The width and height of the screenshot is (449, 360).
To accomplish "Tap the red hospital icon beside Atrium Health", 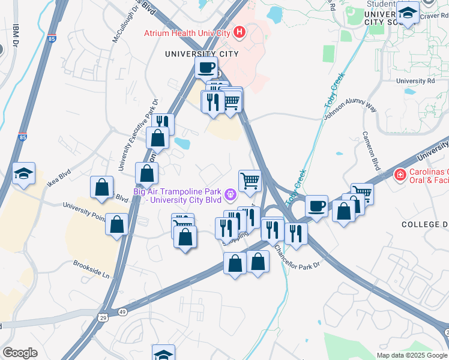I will click(x=240, y=31).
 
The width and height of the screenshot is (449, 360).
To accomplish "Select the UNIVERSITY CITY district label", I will click(x=202, y=54).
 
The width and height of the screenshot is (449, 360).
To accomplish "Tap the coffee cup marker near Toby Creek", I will click(x=316, y=206).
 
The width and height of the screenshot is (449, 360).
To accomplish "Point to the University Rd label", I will click(x=415, y=81).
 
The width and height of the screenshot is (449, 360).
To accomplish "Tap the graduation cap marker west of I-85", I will click(x=23, y=175).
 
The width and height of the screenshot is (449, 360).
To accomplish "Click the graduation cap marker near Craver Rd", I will click(x=408, y=13).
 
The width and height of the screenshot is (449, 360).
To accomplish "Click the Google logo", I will click(x=20, y=353).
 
